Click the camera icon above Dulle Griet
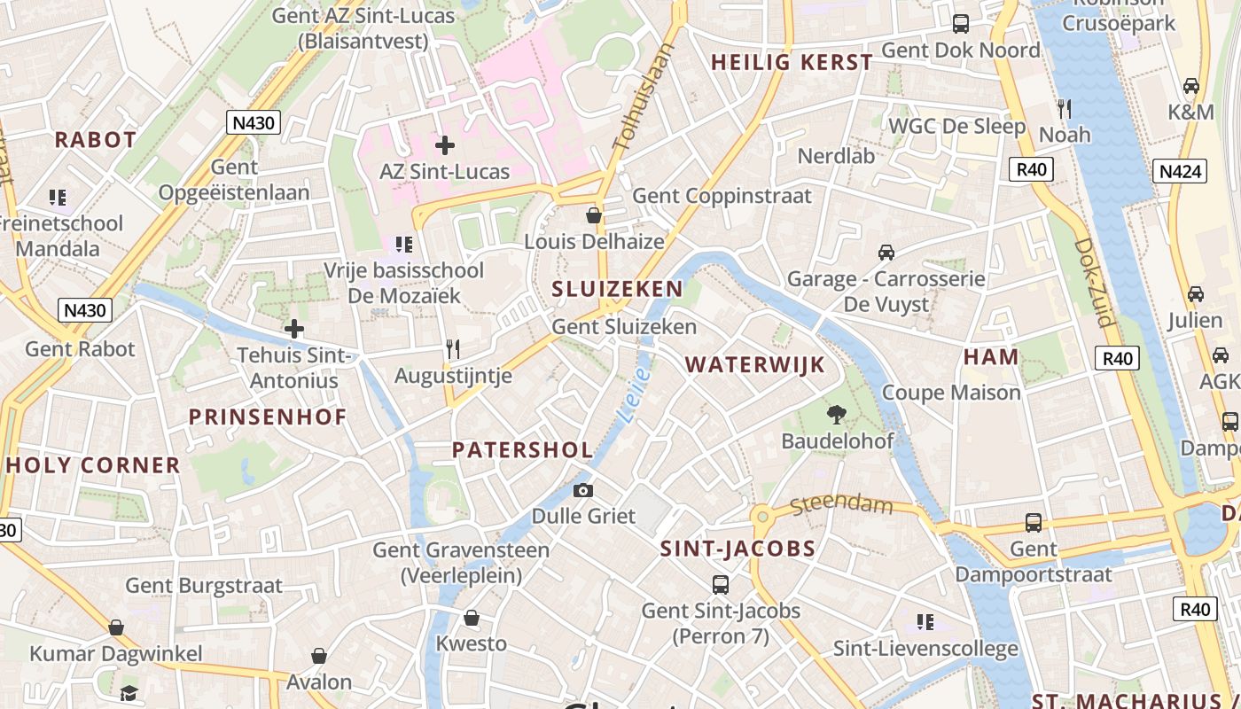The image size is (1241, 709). point(582,490)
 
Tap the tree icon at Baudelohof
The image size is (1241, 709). point(836,414)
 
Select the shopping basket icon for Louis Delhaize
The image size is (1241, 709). point(594,215)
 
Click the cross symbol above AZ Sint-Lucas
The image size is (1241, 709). point(445,144)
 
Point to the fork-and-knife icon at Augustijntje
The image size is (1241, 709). point(453,349)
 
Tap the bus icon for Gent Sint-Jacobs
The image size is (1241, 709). point(721,585)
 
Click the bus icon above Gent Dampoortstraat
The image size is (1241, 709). point(1034,523)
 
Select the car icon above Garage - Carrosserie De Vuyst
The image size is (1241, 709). point(886,253)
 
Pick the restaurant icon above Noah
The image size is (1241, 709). point(1065,109)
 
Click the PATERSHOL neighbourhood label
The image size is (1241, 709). point(522,449)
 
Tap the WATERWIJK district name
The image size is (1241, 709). point(754,364)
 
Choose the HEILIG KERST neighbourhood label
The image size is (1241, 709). point(792,62)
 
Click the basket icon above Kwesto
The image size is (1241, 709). point(472,618)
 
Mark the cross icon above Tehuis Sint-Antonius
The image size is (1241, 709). point(294,330)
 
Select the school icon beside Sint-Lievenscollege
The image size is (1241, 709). point(925,622)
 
